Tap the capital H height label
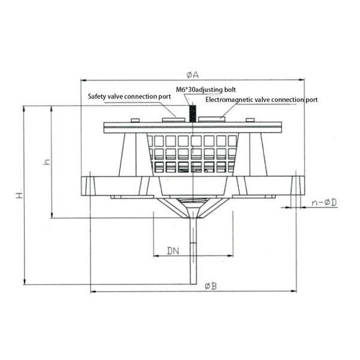click(19, 196)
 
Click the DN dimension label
click(173, 249)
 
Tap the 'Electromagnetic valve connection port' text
click(261, 100)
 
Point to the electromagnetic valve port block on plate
click(211, 120)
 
